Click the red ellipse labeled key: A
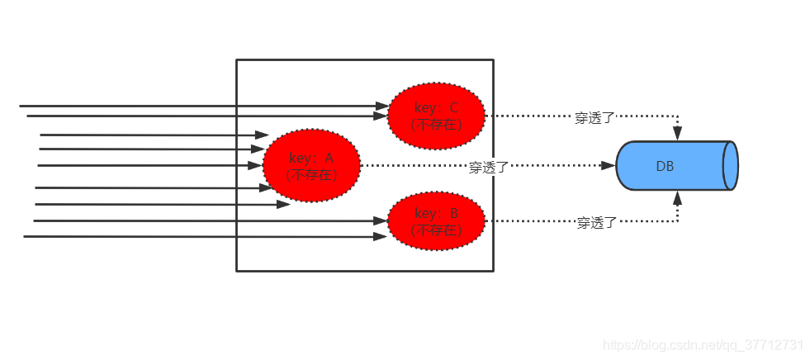(311, 165)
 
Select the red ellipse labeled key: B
(436, 220)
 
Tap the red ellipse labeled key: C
(436, 116)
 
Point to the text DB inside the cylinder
(665, 166)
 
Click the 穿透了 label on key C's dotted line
(594, 117)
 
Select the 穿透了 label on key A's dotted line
(489, 167)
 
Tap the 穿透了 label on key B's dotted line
(596, 222)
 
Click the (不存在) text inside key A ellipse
(311, 175)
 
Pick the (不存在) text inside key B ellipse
(436, 230)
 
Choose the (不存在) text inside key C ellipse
(436, 126)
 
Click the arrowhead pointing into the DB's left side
(609, 165)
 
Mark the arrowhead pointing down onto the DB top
(678, 134)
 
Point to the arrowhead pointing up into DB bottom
(678, 197)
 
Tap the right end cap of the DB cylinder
(730, 166)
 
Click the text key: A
(311, 158)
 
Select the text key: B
(436, 213)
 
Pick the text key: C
(436, 107)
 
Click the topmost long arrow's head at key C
(381, 106)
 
